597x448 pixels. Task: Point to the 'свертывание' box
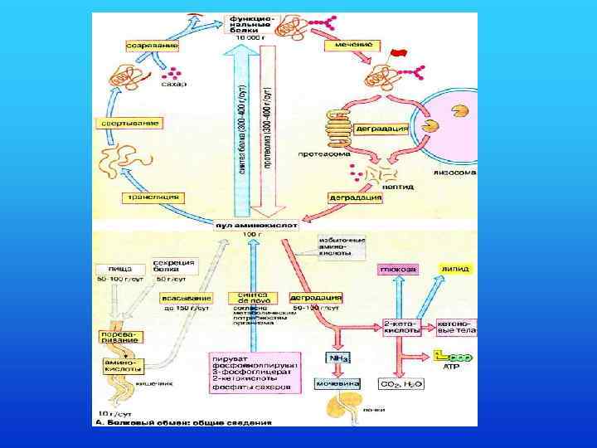coord(126,122)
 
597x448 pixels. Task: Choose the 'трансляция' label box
coord(152,197)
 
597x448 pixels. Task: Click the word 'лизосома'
coord(454,173)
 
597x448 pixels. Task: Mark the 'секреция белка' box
coord(174,265)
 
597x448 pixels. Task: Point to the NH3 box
coord(336,358)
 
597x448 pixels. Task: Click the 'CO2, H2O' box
coord(401,384)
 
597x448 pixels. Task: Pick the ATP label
coord(452,365)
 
